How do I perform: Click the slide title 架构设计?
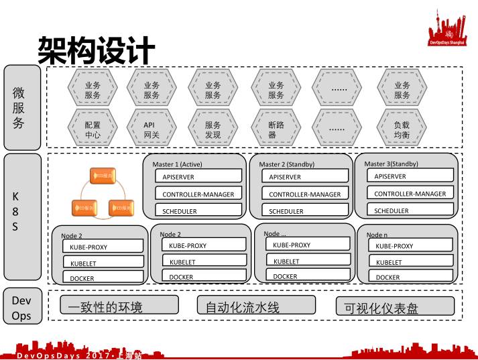coord(96,50)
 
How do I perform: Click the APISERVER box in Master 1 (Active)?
coord(198,177)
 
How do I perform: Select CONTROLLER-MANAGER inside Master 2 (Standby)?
coord(305,194)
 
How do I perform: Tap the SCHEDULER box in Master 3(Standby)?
coord(410,211)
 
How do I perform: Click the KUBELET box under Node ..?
coord(304,261)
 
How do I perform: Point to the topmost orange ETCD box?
coord(103,176)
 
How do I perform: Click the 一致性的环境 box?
coord(119,306)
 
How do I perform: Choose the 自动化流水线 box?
coord(256,306)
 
